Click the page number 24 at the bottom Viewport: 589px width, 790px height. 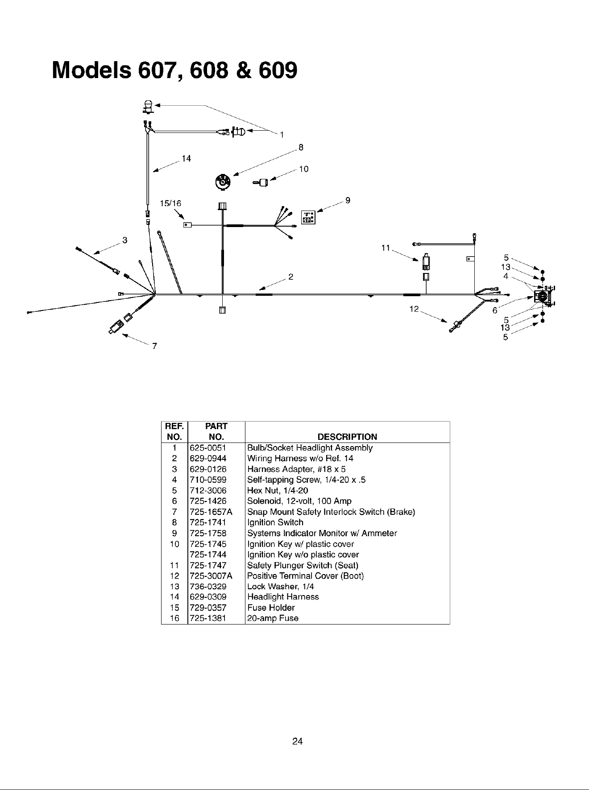[298, 741]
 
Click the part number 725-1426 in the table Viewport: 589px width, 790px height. [208, 501]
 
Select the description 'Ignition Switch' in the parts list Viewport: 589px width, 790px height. [275, 522]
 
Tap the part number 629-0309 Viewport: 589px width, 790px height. [208, 597]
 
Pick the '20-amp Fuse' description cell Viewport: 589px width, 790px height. [273, 618]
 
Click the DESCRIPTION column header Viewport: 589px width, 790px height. [347, 437]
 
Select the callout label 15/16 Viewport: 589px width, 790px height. [171, 203]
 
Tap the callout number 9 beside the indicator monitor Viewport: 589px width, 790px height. [348, 200]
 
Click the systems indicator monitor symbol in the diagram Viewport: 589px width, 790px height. [308, 217]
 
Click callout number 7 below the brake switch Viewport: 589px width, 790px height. [154, 346]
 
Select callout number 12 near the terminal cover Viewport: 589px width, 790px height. [414, 308]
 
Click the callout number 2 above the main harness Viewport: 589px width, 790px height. [290, 277]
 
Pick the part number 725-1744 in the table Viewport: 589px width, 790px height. [208, 554]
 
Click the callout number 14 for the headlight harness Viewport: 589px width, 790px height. [187, 158]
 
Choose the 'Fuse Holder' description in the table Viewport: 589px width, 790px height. [271, 608]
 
